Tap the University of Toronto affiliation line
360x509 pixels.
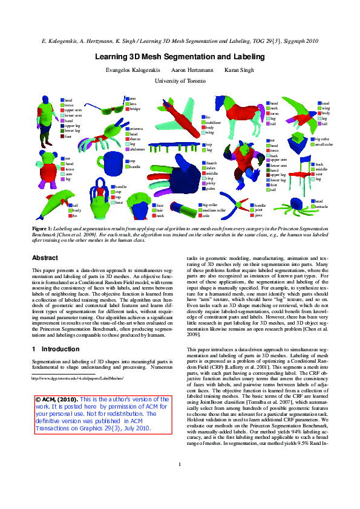pyautogui.click(x=180, y=80)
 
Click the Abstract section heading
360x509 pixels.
pyautogui.click(x=45, y=258)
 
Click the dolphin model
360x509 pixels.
pyautogui.click(x=57, y=204)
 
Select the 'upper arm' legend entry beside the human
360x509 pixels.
pyautogui.click(x=73, y=110)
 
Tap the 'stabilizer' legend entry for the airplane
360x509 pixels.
pyautogui.click(x=214, y=123)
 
